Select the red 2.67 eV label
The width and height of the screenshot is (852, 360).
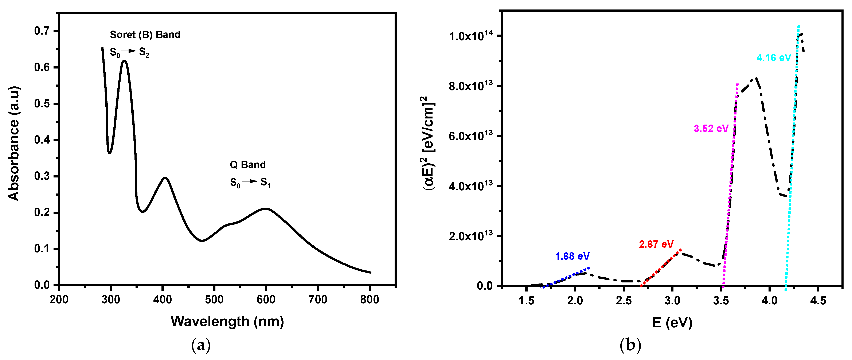656,244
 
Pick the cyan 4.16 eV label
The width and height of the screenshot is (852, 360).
773,58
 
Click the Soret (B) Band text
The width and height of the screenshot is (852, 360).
145,35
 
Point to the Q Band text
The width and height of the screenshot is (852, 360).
248,165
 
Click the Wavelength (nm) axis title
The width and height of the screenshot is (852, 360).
227,321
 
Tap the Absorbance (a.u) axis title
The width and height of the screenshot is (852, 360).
14,144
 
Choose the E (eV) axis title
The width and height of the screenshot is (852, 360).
672,322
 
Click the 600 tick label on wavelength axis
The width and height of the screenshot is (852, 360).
266,300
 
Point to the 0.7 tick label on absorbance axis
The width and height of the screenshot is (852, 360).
42,31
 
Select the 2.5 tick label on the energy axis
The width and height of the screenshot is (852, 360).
624,301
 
